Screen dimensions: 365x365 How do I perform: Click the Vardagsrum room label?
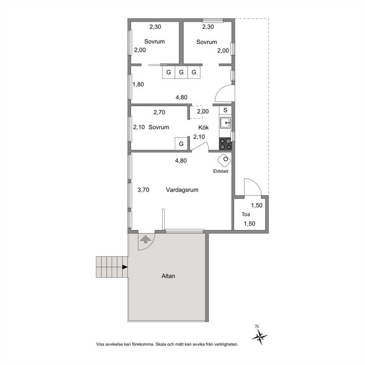pos(182,190)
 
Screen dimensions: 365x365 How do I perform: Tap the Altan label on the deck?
pos(168,276)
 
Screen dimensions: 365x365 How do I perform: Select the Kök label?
pos(203,128)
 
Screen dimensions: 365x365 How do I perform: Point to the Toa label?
pos(245,214)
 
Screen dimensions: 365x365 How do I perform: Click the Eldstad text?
pos(220,171)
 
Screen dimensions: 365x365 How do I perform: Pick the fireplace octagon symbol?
pos(224,160)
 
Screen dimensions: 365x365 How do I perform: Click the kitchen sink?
pos(225,123)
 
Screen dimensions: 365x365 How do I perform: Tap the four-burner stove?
pos(225,143)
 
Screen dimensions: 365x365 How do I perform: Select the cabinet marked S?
pos(225,110)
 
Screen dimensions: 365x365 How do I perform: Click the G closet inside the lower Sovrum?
pos(181,143)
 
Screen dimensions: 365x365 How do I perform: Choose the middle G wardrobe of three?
pos(181,72)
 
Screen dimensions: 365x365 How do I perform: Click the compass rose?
pos(259,336)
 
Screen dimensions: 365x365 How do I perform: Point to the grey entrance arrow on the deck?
pos(145,239)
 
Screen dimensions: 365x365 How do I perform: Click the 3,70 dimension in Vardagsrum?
pos(143,190)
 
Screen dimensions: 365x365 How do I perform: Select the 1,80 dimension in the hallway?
pos(138,84)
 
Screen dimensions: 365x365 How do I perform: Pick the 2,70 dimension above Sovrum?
pos(159,112)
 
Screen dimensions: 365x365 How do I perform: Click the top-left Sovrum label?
pos(154,42)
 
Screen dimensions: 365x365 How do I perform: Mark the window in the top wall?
pos(213,21)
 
